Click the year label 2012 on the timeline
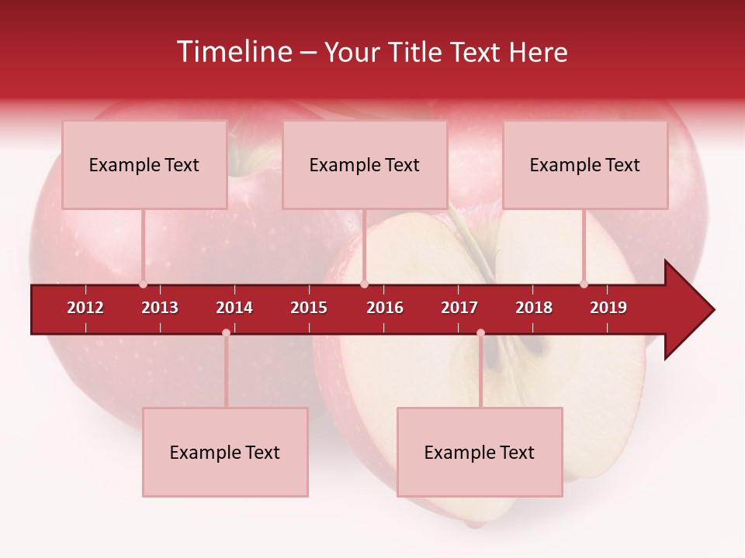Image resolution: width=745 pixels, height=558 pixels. click(85, 308)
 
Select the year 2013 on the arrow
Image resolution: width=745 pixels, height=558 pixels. click(160, 308)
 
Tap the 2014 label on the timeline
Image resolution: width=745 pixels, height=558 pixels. click(234, 308)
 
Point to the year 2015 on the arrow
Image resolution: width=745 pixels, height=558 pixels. click(309, 308)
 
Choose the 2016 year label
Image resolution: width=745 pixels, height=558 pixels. click(385, 308)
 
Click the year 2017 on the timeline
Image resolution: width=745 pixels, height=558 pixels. click(459, 308)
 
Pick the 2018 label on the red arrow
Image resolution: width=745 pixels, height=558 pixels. click(534, 308)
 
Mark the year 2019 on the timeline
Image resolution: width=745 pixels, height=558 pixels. click(608, 308)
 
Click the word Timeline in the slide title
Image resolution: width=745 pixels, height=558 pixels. click(233, 52)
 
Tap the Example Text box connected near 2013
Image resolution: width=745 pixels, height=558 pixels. click(144, 165)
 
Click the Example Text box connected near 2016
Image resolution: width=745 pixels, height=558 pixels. click(365, 165)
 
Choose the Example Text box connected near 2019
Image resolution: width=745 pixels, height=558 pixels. click(585, 165)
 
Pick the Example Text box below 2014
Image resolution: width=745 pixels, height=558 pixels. click(225, 453)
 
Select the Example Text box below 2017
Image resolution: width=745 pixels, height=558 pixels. click(480, 453)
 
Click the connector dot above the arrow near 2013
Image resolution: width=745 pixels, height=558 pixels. click(143, 284)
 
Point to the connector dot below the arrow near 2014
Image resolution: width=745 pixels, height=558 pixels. click(226, 333)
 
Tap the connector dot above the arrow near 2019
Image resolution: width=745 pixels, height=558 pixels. click(584, 284)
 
